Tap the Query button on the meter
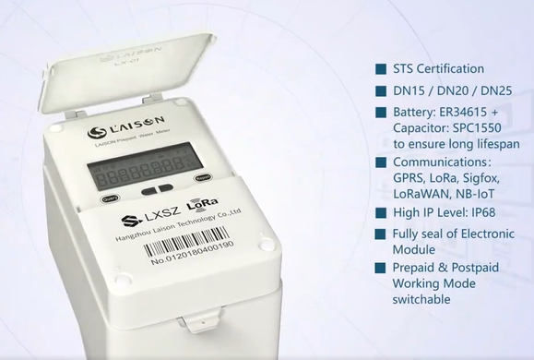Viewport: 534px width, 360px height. (109, 198)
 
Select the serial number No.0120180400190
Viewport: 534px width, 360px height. (192, 259)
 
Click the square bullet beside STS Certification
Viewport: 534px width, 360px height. (380, 69)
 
